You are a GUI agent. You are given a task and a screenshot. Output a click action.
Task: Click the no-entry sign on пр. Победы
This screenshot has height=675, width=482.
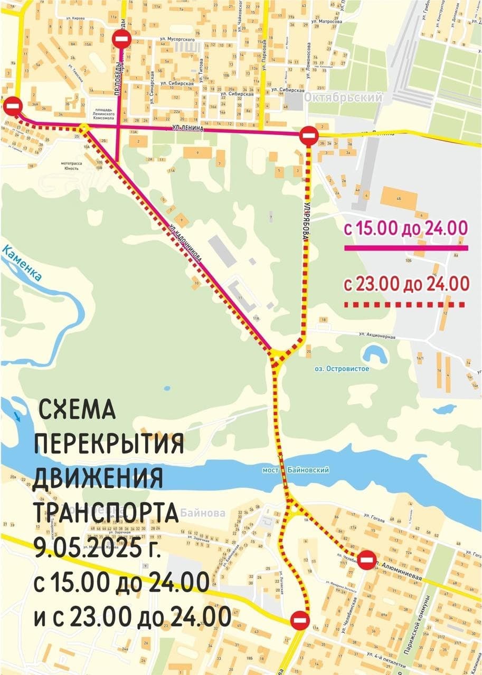click(x=121, y=39)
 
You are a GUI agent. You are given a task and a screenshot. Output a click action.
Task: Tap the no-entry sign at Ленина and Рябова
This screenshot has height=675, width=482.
click(x=308, y=136)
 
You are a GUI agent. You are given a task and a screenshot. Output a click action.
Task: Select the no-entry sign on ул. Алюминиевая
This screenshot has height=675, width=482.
click(x=367, y=560)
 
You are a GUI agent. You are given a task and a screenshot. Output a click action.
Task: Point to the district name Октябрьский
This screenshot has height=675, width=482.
click(x=343, y=99)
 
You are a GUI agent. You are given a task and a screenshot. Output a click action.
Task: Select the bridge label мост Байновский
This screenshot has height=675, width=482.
click(x=296, y=469)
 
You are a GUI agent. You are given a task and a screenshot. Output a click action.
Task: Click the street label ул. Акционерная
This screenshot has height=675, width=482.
click(x=377, y=335)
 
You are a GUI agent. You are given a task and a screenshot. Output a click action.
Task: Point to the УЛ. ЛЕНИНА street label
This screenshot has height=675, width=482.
click(x=188, y=128)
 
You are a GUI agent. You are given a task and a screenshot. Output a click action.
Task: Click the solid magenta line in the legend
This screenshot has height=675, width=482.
click(x=406, y=247)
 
